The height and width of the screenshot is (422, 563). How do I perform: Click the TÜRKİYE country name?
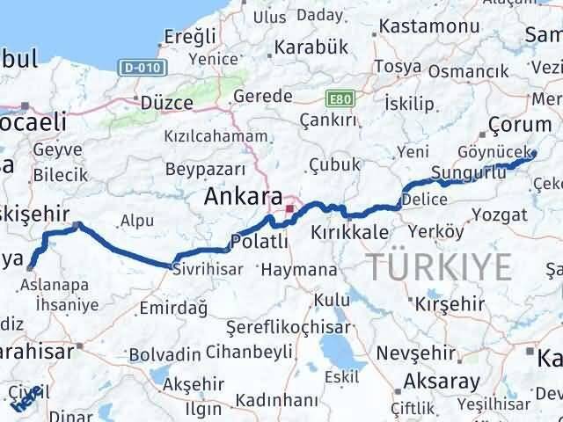(x=439, y=265)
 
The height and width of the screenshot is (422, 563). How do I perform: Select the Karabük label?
(x=307, y=47)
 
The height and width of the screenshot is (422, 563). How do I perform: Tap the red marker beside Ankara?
(x=290, y=209)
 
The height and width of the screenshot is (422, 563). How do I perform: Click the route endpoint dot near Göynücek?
(x=532, y=154)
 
